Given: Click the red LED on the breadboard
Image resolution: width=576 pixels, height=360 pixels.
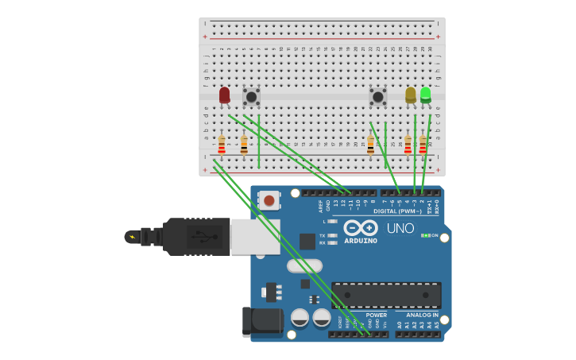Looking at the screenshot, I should [224, 95].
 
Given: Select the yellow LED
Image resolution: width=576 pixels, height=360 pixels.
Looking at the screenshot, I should [410, 95].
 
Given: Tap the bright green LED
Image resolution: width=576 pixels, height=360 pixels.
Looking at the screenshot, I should [426, 94].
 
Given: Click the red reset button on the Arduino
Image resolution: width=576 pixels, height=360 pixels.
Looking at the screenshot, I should [269, 200].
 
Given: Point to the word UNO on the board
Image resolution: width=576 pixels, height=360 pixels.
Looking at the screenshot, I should [400, 229].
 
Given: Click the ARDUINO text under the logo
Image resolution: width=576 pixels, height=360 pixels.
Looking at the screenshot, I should [361, 241].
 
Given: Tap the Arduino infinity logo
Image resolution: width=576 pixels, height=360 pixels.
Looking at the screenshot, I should [361, 227].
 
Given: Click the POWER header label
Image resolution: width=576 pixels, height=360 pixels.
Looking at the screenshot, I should [377, 315].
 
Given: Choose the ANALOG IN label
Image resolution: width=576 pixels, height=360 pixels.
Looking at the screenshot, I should [422, 315].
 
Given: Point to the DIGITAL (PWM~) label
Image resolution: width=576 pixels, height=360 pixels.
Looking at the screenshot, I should [397, 211].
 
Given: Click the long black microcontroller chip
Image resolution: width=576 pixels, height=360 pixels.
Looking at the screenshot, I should [386, 295].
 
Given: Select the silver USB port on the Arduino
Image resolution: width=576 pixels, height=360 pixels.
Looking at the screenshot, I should [255, 237].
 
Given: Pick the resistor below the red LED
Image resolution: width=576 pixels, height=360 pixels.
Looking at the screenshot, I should [222, 145].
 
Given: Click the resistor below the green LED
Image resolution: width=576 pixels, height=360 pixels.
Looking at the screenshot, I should [423, 145].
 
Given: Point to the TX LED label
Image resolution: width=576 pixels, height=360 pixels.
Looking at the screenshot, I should [322, 235].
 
